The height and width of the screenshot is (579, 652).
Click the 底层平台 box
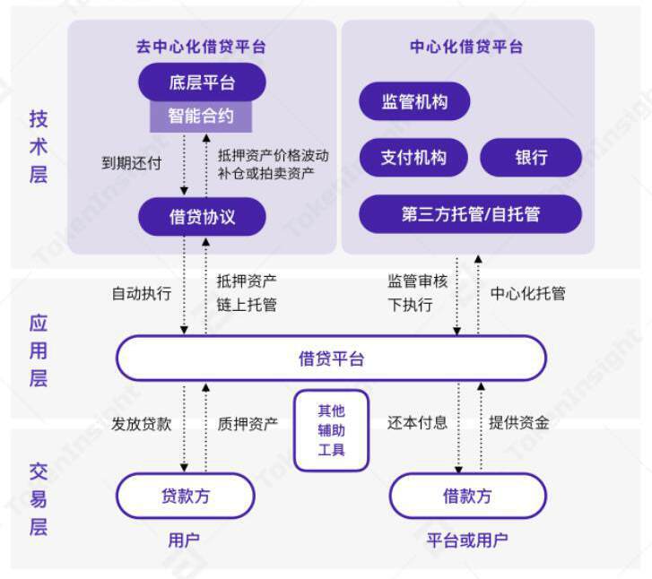[202, 83]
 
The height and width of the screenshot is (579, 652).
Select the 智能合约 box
[201, 116]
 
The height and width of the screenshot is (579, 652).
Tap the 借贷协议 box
[202, 216]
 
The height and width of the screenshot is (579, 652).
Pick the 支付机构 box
[413, 158]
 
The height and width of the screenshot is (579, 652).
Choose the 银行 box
[531, 158]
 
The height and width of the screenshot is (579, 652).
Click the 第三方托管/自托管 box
[470, 214]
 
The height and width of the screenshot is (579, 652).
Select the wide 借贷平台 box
[331, 359]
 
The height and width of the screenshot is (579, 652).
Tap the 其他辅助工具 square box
[331, 430]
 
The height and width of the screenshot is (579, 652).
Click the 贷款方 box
[186, 496]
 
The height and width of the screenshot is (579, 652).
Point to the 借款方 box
[467, 496]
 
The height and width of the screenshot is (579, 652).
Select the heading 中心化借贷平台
[466, 47]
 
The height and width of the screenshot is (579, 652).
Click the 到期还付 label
[131, 163]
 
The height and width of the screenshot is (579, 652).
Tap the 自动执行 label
[141, 293]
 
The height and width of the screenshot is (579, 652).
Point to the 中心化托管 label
[528, 293]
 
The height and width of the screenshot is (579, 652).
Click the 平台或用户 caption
[467, 540]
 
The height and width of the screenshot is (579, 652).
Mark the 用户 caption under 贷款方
[184, 540]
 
